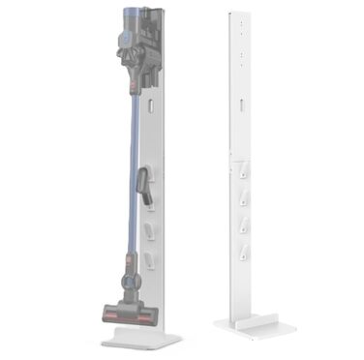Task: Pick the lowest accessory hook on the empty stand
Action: point(239,256)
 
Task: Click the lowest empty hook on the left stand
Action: point(151,258)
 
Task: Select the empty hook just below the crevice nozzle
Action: point(149,230)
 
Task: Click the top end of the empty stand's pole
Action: point(239,14)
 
